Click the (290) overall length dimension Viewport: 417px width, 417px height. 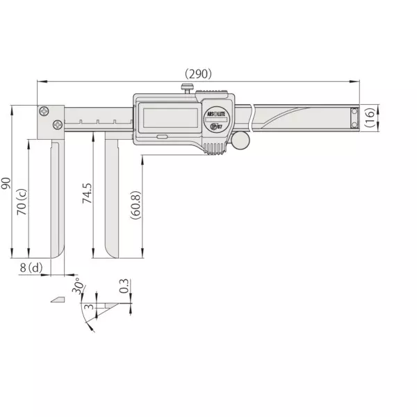(197, 73)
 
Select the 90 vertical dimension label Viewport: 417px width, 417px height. (6, 183)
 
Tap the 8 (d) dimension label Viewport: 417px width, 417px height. (31, 268)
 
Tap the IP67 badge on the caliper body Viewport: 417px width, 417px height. (216, 126)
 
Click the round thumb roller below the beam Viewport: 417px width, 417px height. (240, 141)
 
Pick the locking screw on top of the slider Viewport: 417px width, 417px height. (186, 88)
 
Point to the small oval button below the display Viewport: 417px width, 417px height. (161, 138)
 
